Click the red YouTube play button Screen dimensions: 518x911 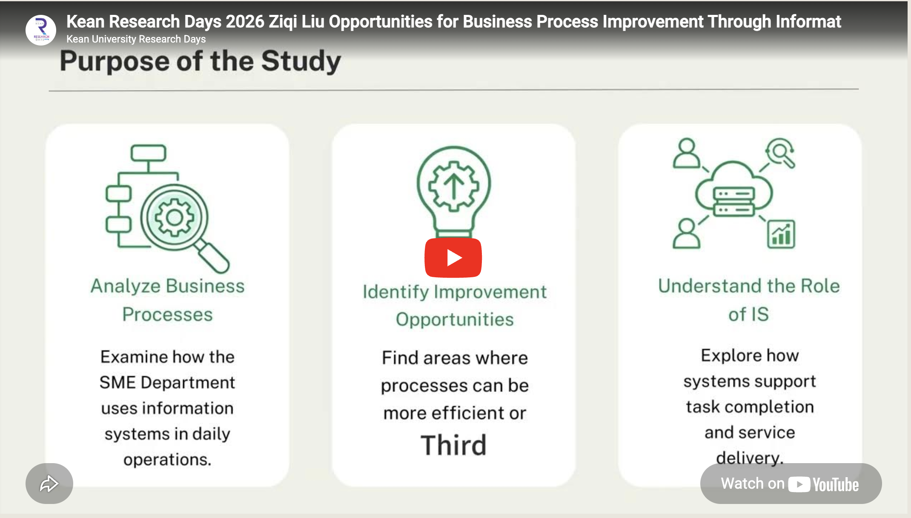tap(453, 258)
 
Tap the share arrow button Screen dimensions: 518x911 tap(49, 484)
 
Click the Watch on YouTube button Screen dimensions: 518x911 tap(791, 484)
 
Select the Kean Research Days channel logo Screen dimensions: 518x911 tap(41, 30)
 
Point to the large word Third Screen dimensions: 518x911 tap(453, 445)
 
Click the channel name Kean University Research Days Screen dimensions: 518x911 tap(136, 39)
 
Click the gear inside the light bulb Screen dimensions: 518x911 tap(454, 186)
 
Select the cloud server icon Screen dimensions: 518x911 tap(734, 191)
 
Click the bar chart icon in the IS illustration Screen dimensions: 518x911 tap(781, 234)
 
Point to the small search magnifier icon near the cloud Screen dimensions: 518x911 tap(780, 153)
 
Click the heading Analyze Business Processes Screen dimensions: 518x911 tap(168, 300)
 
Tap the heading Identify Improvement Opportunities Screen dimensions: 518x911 tap(455, 305)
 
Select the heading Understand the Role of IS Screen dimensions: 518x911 tap(749, 300)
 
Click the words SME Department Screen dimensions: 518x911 tap(167, 382)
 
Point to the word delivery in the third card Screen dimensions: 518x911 tap(749, 458)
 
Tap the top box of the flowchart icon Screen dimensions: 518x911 tap(148, 153)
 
